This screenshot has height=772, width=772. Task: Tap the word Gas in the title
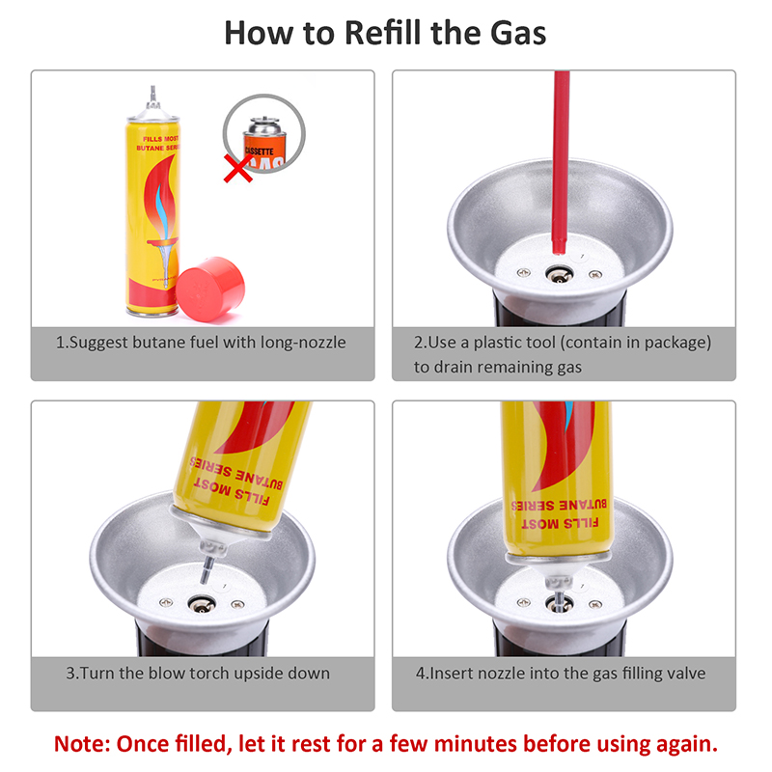518,33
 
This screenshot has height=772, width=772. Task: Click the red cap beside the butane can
210,289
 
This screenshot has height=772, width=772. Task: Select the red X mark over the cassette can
238,168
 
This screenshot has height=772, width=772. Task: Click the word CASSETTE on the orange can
259,151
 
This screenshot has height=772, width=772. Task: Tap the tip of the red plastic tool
558,251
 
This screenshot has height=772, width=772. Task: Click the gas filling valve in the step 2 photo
559,275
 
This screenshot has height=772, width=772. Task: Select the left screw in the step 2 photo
523,272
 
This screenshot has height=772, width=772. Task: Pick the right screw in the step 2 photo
595,274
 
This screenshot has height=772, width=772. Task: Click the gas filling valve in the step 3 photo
201,604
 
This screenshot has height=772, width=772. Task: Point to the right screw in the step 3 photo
237,604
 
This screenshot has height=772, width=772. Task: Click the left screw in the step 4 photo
523,602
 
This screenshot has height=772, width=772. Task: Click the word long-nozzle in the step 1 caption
303,343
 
